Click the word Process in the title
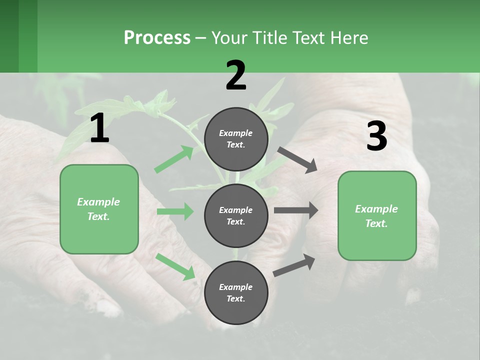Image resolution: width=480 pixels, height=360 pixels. [157, 38]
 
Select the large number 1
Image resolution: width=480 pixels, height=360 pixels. [99, 128]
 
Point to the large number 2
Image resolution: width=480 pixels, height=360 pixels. [236, 75]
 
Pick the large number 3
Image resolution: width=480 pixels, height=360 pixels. [376, 136]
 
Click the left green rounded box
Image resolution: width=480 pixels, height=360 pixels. [99, 209]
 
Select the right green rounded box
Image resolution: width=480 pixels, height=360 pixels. [377, 216]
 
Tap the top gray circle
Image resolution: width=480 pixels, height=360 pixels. [236, 139]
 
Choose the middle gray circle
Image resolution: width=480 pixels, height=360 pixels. [236, 215]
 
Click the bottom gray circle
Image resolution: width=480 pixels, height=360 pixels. [236, 292]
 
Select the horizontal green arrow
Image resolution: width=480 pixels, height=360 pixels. [175, 211]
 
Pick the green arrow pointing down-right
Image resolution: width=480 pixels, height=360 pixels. [175, 266]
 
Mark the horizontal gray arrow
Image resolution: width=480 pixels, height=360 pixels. [296, 210]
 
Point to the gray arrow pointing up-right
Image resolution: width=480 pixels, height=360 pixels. [294, 265]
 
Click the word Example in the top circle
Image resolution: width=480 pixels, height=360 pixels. [236, 133]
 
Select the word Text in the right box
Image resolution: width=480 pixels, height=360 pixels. [376, 223]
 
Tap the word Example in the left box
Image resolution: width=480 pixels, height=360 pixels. [98, 202]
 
